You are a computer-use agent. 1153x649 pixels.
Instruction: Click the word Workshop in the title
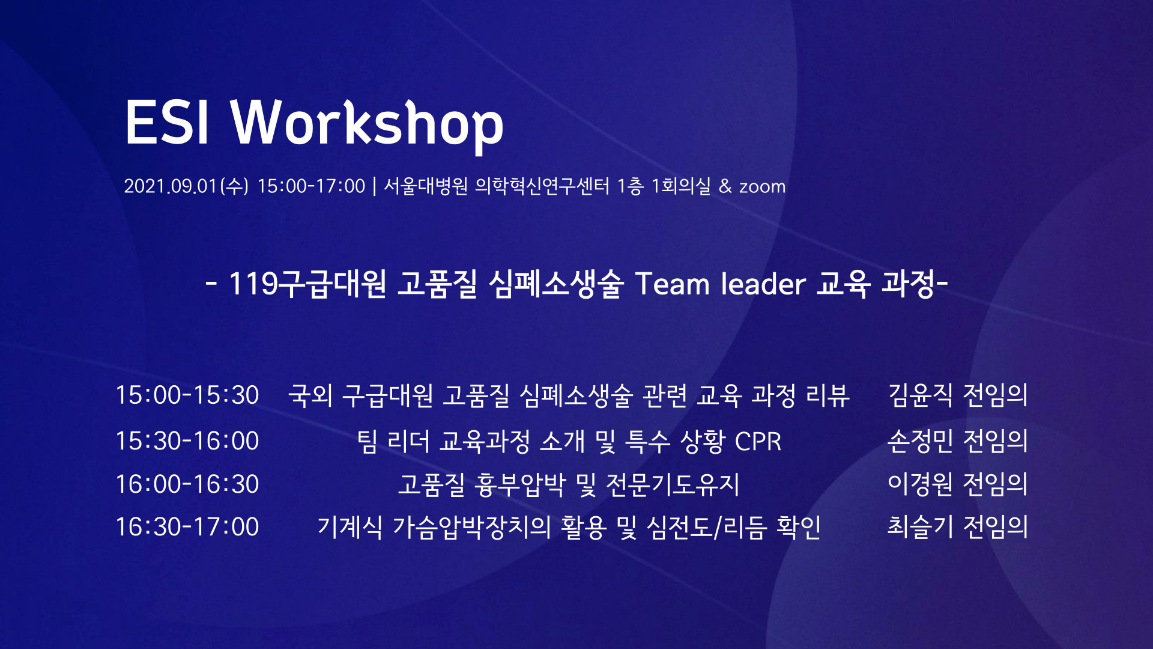pyautogui.click(x=368, y=124)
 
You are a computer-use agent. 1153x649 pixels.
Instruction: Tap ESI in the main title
pyautogui.click(x=167, y=123)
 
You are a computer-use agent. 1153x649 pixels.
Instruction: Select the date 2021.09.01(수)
pyautogui.click(x=186, y=186)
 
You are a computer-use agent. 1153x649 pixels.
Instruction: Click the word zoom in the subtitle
pyautogui.click(x=762, y=187)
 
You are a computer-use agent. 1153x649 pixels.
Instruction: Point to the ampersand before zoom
pyautogui.click(x=725, y=186)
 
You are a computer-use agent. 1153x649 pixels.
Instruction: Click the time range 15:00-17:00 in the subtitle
pyautogui.click(x=311, y=186)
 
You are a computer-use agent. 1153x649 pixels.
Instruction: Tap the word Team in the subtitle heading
pyautogui.click(x=672, y=284)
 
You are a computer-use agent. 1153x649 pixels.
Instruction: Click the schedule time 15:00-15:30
pyautogui.click(x=187, y=395)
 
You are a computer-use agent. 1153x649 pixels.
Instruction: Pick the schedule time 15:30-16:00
pyautogui.click(x=187, y=441)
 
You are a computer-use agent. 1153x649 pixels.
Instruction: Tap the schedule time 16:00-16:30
pyautogui.click(x=187, y=484)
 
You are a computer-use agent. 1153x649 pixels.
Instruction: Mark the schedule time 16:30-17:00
pyautogui.click(x=187, y=527)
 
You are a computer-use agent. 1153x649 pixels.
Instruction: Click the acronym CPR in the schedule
pyautogui.click(x=758, y=442)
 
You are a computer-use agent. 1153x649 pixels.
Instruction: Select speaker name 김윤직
pyautogui.click(x=920, y=395)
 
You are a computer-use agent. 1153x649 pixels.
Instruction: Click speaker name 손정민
pyautogui.click(x=920, y=441)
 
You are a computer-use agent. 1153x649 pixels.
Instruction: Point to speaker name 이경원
pyautogui.click(x=920, y=484)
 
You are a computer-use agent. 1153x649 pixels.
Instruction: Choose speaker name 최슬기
pyautogui.click(x=920, y=527)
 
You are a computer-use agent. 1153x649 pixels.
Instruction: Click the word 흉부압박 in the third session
pyautogui.click(x=520, y=484)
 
